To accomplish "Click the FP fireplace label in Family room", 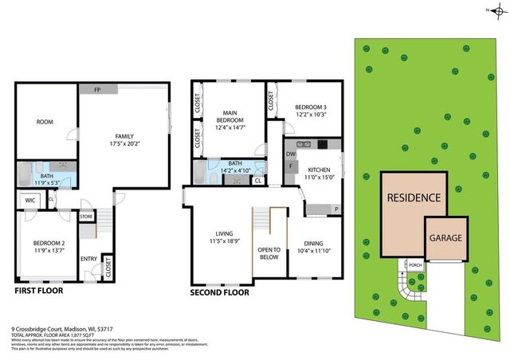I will coord(96,89).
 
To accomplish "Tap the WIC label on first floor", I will coord(29,200).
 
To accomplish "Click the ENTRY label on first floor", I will coord(88,257).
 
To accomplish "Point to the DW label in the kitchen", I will coord(291,155).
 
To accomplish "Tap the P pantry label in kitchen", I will coord(335,209).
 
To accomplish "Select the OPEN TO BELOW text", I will coord(269,253).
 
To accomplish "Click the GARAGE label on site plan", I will coord(445,237).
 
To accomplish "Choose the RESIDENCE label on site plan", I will coord(413,198).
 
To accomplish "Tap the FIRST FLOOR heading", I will coord(39,292).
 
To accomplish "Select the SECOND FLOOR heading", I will coord(219,292).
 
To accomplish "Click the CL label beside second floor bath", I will coord(257,180).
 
